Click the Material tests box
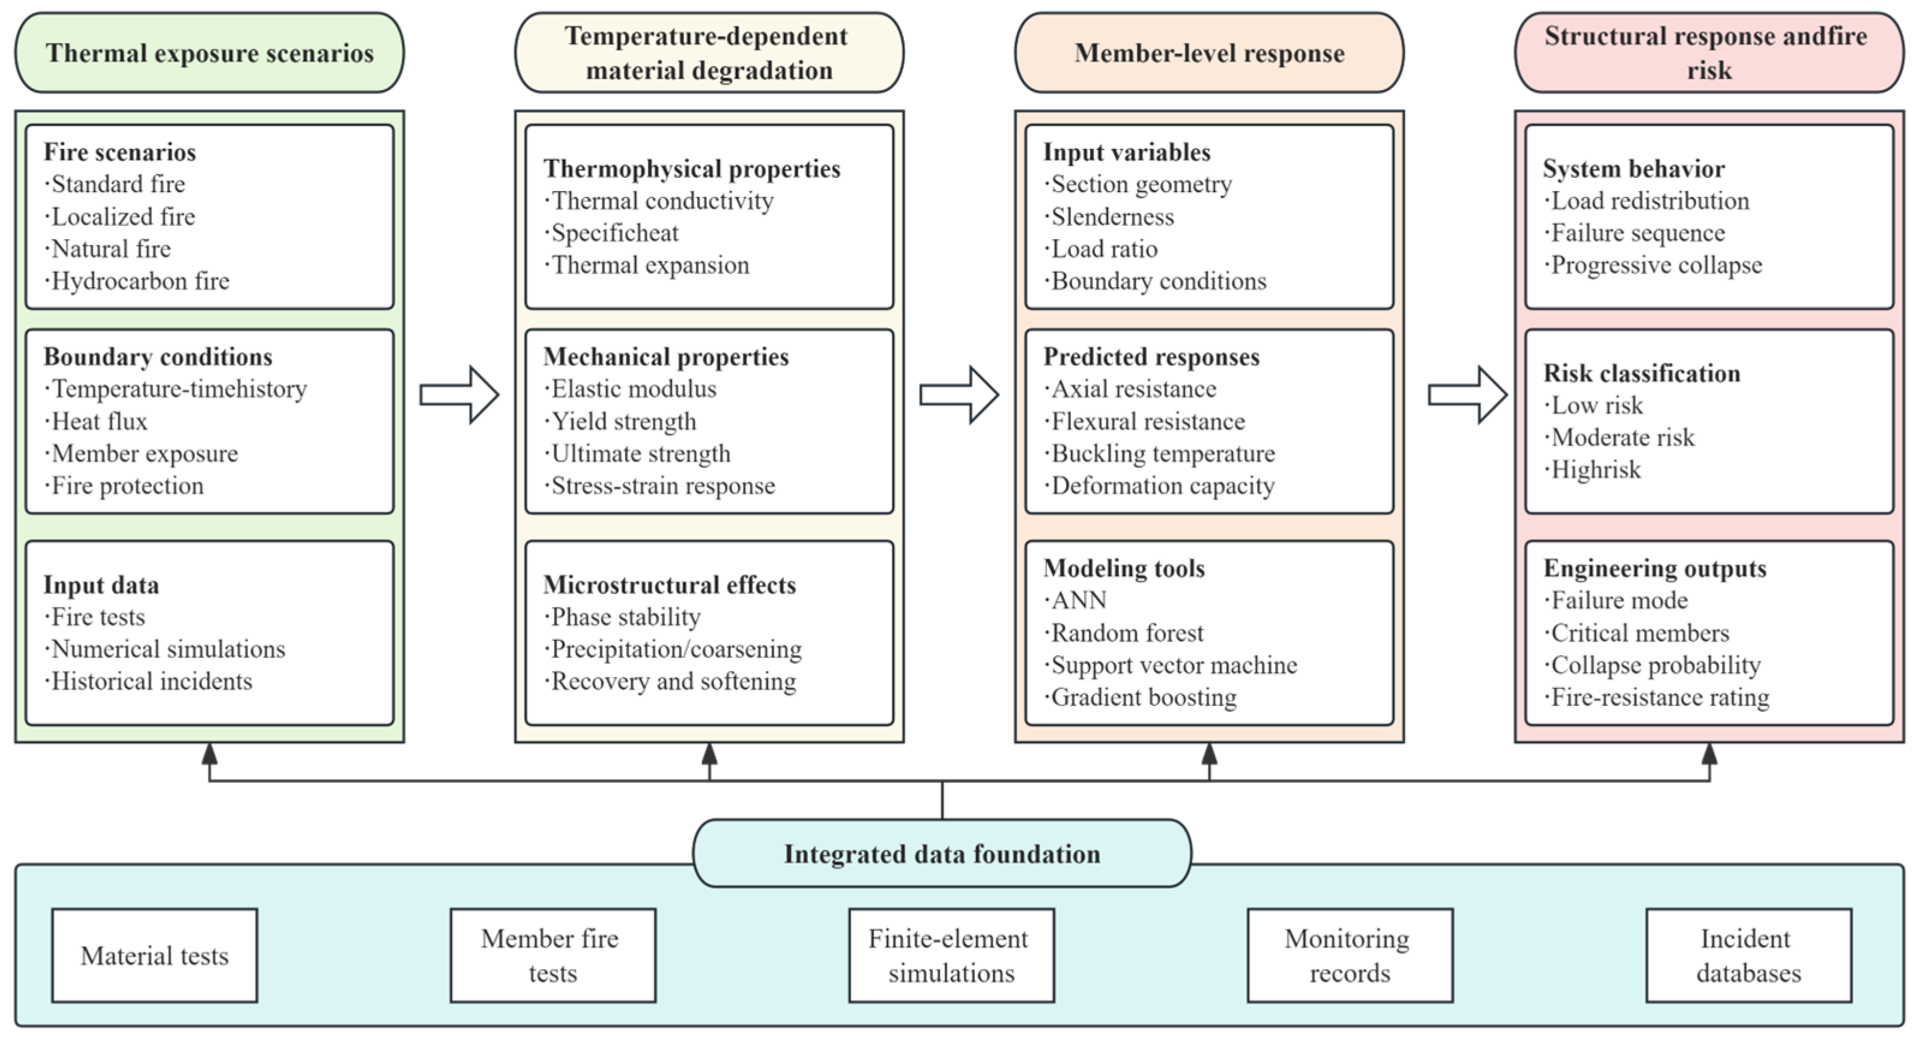154,955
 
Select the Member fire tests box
553,955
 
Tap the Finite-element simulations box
951,955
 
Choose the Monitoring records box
1350,955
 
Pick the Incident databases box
1748,955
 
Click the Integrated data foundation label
942,853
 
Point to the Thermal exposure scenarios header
210,53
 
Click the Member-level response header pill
1209,53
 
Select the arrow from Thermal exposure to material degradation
459,395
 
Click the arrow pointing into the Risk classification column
1467,395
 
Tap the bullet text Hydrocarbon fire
137,281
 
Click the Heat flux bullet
96,422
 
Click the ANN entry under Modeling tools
1075,601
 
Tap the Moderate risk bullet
1619,437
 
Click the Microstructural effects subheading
670,585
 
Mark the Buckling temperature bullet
1159,454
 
